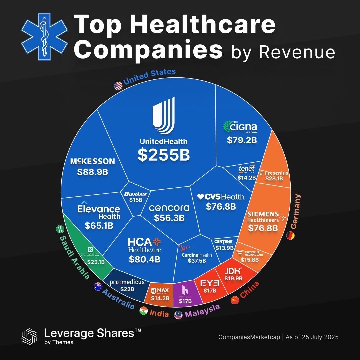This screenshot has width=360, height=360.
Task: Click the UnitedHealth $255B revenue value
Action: coord(164,155)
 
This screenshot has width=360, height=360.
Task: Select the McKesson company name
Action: coord(93,162)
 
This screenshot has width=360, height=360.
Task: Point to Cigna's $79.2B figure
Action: coord(242,140)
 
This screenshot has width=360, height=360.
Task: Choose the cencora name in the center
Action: coord(169,208)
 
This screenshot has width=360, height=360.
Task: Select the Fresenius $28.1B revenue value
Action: coord(274,179)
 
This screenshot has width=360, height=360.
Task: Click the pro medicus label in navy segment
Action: coord(127,282)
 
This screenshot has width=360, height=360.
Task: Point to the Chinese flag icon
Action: coord(235,299)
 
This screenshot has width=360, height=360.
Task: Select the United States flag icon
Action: coord(118,86)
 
